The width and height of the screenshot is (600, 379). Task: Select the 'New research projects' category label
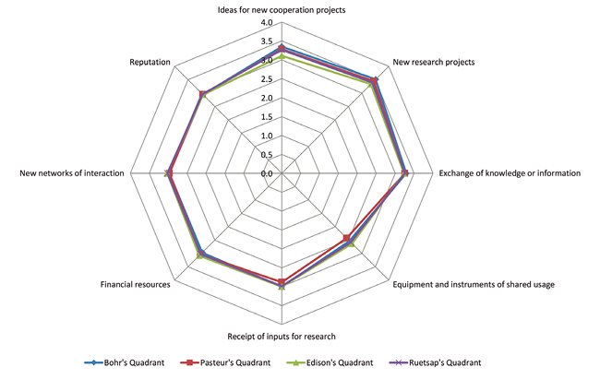(x=433, y=63)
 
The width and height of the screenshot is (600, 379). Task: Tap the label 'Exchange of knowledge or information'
(x=510, y=173)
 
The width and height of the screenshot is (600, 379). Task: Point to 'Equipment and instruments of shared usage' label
(x=474, y=284)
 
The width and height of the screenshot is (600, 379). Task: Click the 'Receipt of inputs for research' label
(x=282, y=336)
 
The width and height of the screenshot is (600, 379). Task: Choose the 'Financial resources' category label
(x=135, y=284)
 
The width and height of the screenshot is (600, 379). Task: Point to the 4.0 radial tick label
(x=267, y=23)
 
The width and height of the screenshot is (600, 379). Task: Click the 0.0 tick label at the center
(x=267, y=173)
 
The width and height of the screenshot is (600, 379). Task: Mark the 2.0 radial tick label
(x=267, y=99)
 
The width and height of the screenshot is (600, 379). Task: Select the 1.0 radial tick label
(x=267, y=136)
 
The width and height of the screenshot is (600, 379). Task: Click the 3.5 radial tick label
(x=267, y=42)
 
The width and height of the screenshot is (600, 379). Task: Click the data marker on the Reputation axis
(x=202, y=94)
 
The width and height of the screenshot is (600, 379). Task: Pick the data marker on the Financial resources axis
(x=201, y=255)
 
